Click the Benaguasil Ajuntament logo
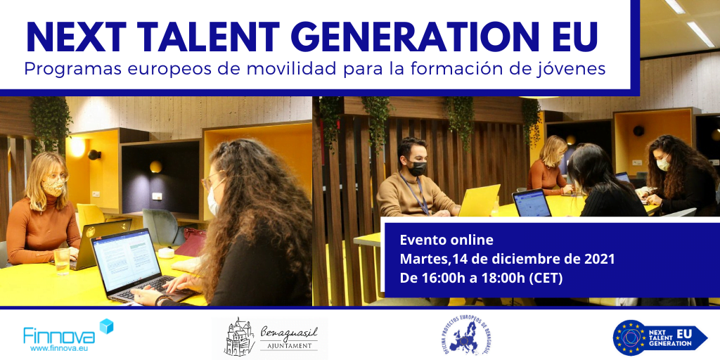[271, 336]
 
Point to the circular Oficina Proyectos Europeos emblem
[465, 336]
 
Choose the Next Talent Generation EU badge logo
[660, 336]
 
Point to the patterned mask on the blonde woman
[56, 187]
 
